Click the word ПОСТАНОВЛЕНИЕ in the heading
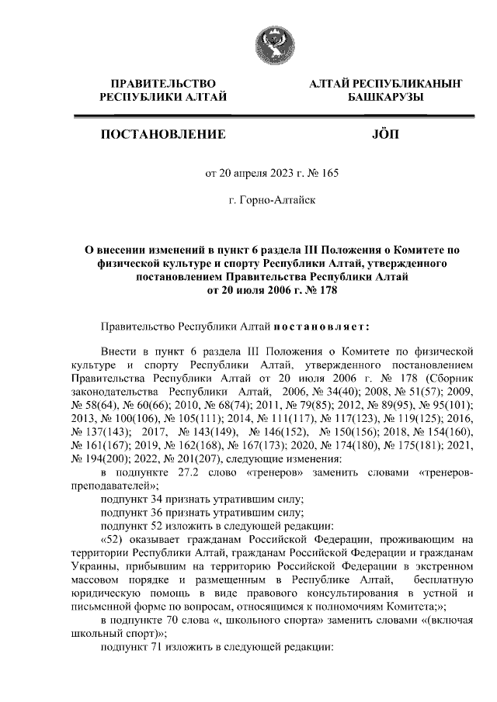point(163,135)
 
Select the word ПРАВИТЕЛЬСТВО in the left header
point(163,83)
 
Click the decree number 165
point(329,173)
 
